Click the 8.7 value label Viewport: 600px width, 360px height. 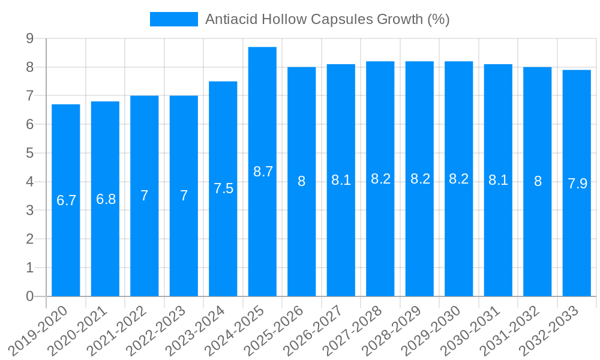(263, 172)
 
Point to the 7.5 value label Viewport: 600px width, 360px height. (223, 188)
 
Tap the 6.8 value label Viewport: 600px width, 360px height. (106, 199)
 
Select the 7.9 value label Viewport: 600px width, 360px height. (577, 184)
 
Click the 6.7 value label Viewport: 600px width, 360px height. (66, 200)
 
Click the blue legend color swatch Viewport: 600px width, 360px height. (173, 19)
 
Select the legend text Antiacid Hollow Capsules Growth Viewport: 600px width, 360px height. (327, 19)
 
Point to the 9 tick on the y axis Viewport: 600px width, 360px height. (29, 38)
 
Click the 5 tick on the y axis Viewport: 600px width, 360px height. (29, 153)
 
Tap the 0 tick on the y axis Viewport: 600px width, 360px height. (29, 296)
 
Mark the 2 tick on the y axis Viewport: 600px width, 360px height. (29, 239)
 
